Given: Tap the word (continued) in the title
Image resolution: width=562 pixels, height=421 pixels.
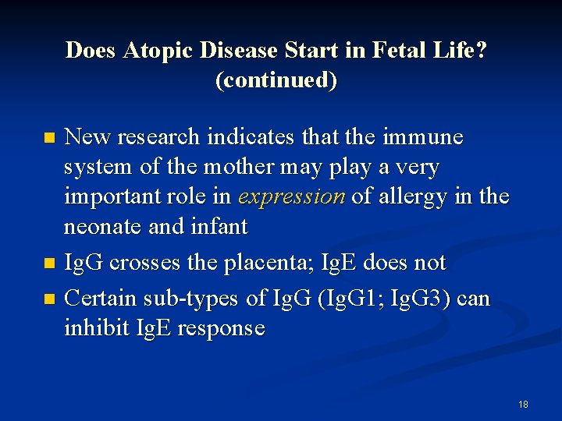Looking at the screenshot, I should point(276,80).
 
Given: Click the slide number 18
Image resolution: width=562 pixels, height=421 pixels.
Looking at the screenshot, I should point(523,405).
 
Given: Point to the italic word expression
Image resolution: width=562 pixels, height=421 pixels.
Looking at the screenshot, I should point(292,197).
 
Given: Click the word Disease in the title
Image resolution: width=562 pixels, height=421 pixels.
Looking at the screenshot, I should point(240,51).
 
